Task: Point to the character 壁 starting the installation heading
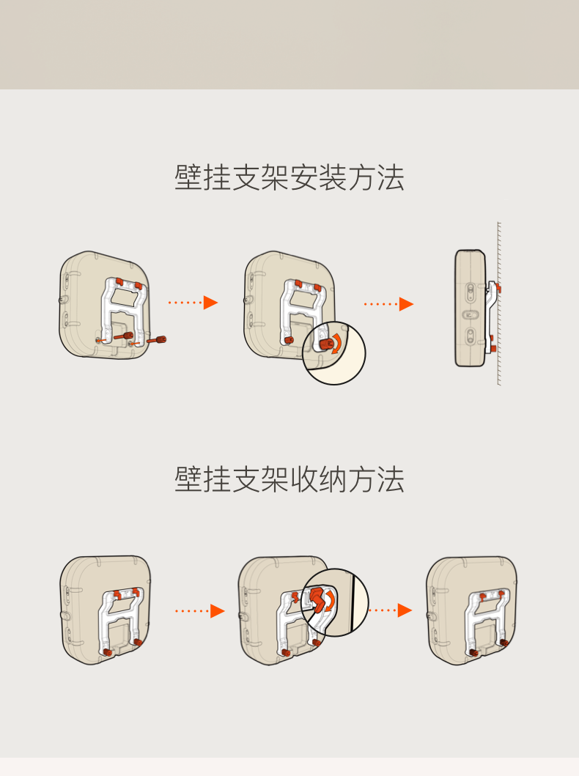pos(188,178)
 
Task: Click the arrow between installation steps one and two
pos(193,303)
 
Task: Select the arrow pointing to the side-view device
pos(389,303)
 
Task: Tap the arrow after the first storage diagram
pos(200,610)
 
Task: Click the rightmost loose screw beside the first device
pos(158,340)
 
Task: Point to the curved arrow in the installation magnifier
pos(336,344)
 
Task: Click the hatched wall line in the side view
pos(498,303)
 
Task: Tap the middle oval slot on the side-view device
pos(470,314)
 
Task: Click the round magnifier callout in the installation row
pos(333,354)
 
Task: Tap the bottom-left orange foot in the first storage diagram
pos(108,651)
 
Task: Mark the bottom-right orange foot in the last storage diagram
pos(504,643)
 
